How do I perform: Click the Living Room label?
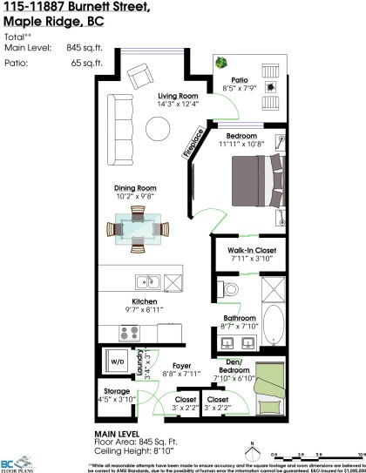pyautogui.click(x=178, y=96)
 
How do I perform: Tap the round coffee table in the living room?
pyautogui.click(x=158, y=128)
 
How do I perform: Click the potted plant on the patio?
pyautogui.click(x=221, y=63)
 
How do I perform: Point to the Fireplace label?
pyautogui.click(x=193, y=142)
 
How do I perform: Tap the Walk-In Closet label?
pyautogui.click(x=254, y=250)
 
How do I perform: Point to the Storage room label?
pyautogui.click(x=117, y=392)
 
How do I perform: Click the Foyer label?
pyautogui.click(x=182, y=366)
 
